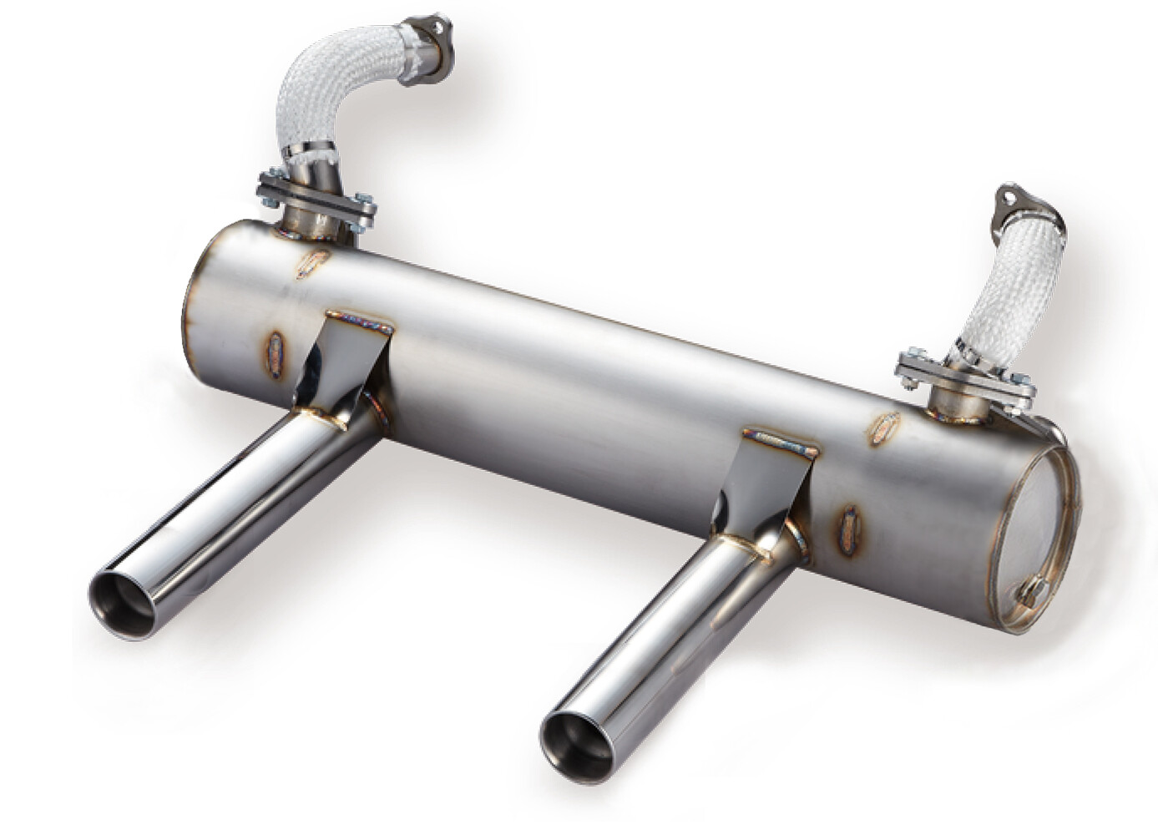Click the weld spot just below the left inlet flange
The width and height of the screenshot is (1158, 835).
click(314, 263)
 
